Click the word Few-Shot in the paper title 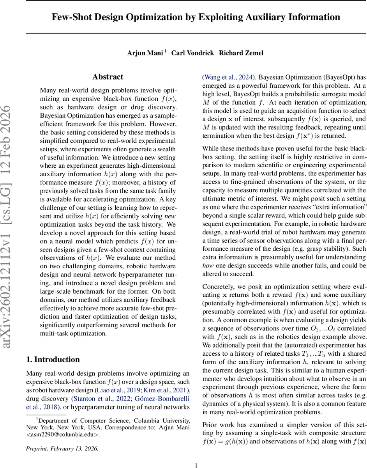click(69, 17)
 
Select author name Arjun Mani click(145, 53)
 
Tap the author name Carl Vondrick click(191, 53)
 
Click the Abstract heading click(108, 77)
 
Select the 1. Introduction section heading click(53, 359)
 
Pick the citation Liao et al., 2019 click(119, 390)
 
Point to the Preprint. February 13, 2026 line click(62, 448)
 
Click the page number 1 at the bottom click(196, 465)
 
